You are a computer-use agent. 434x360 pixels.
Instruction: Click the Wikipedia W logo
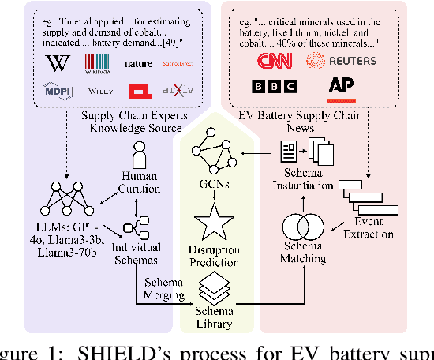pos(56,62)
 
